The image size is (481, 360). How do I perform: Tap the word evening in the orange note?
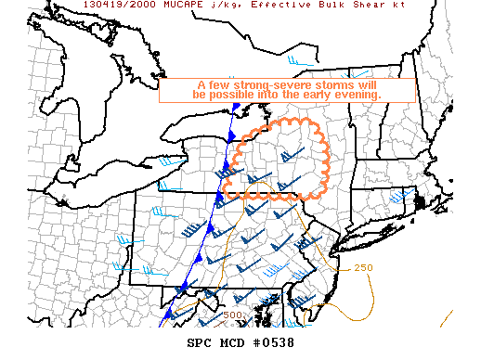tap(357, 96)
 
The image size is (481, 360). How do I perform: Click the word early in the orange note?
tap(313, 96)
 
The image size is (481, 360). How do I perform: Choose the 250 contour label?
tap(363, 268)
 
